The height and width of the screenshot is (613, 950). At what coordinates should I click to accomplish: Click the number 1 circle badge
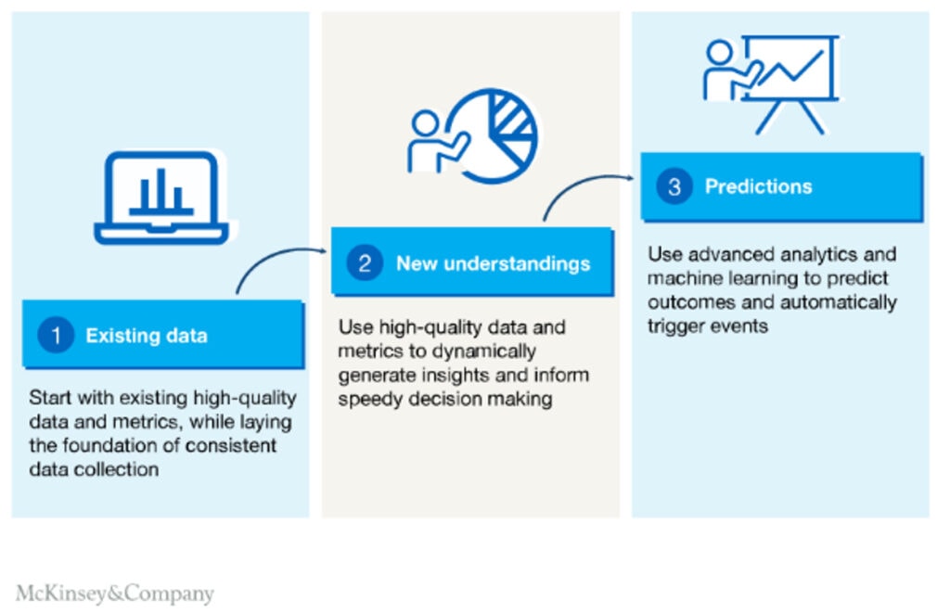click(56, 336)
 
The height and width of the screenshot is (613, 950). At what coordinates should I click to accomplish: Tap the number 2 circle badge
click(364, 263)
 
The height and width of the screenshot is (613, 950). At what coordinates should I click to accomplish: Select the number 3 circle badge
click(674, 186)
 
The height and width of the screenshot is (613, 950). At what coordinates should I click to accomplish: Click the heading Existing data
click(147, 336)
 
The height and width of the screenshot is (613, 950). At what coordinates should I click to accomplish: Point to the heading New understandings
click(493, 263)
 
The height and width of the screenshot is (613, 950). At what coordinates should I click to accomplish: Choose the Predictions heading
click(758, 186)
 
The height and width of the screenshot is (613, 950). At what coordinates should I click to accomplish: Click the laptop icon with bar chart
click(163, 198)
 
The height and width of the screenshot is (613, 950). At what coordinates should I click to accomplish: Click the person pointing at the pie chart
click(432, 144)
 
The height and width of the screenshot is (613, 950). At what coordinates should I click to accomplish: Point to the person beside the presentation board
click(724, 70)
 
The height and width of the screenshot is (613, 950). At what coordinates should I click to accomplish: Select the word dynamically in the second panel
click(477, 352)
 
